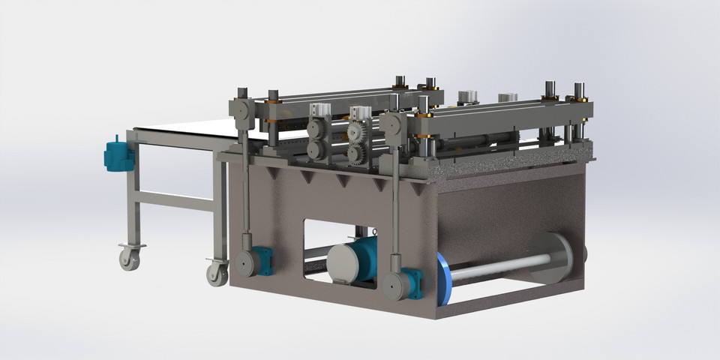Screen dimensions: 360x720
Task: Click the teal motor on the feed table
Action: click(118, 156)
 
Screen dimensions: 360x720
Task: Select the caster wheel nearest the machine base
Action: click(217, 274)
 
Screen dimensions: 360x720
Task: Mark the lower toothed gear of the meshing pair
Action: click(358, 154)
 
